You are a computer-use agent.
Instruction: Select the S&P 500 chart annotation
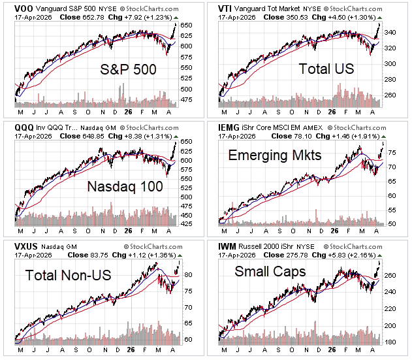tap(128, 70)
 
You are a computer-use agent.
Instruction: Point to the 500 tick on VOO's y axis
tap(187, 88)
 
